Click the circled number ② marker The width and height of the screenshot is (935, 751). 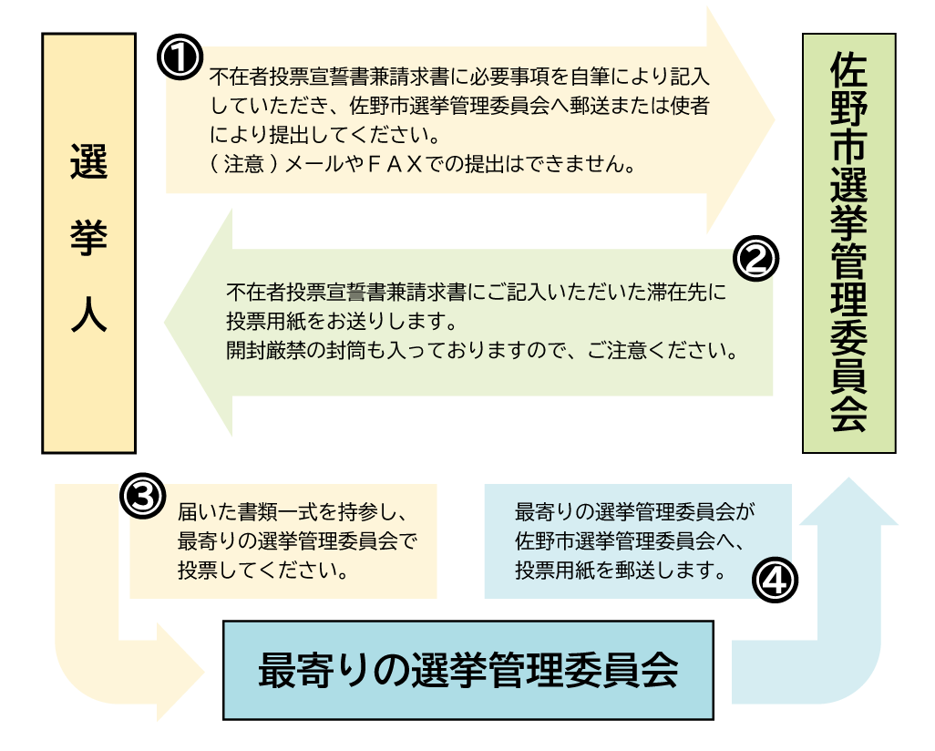(755, 260)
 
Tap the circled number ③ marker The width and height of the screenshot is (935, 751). (143, 497)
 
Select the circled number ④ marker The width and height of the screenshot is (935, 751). (774, 581)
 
